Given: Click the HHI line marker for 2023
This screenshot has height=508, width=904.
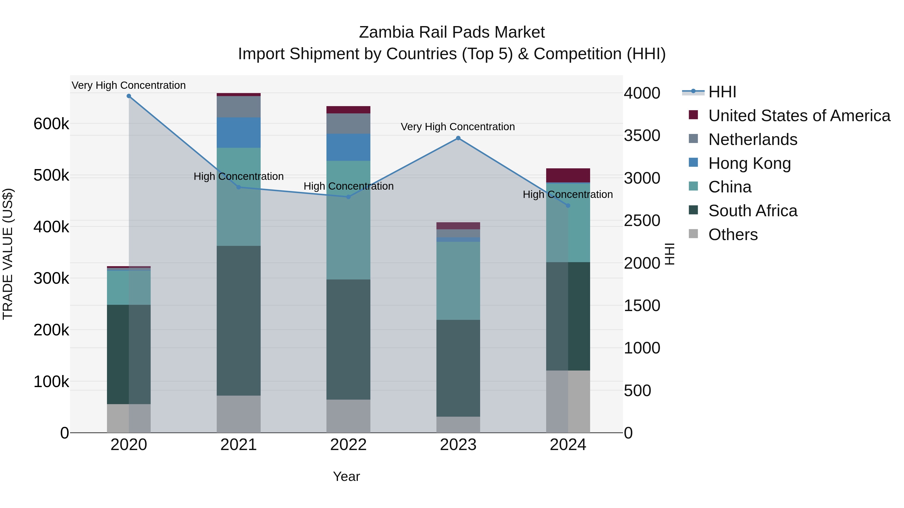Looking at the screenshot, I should [458, 138].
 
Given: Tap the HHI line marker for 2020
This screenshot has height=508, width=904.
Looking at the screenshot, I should [129, 96].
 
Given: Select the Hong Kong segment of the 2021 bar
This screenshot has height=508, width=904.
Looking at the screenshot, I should [239, 132].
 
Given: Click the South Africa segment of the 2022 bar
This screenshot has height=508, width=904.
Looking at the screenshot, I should [348, 339].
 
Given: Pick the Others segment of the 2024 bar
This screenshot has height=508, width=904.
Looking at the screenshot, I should [568, 401].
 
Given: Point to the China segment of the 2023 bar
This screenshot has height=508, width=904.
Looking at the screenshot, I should [458, 280].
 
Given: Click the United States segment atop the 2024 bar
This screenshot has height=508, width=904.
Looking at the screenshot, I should [568, 175].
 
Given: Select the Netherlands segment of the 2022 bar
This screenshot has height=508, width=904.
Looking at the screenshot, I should [348, 123].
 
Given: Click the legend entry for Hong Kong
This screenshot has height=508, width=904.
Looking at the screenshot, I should [749, 163].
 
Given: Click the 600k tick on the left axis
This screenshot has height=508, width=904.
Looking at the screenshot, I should [51, 124].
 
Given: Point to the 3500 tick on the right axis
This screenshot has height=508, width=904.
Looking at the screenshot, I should [642, 136].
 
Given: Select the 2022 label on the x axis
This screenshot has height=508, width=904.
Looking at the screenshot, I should [348, 445].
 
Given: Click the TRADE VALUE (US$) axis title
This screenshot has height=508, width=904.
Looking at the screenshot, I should [8, 254].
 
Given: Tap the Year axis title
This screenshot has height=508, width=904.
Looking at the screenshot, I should [346, 476].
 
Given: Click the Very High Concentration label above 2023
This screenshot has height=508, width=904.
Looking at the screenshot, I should [458, 127].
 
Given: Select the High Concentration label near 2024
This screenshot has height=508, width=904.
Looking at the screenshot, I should [568, 194].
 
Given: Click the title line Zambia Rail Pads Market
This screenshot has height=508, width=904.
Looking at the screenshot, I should [452, 32].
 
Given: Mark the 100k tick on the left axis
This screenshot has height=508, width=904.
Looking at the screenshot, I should [51, 381].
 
